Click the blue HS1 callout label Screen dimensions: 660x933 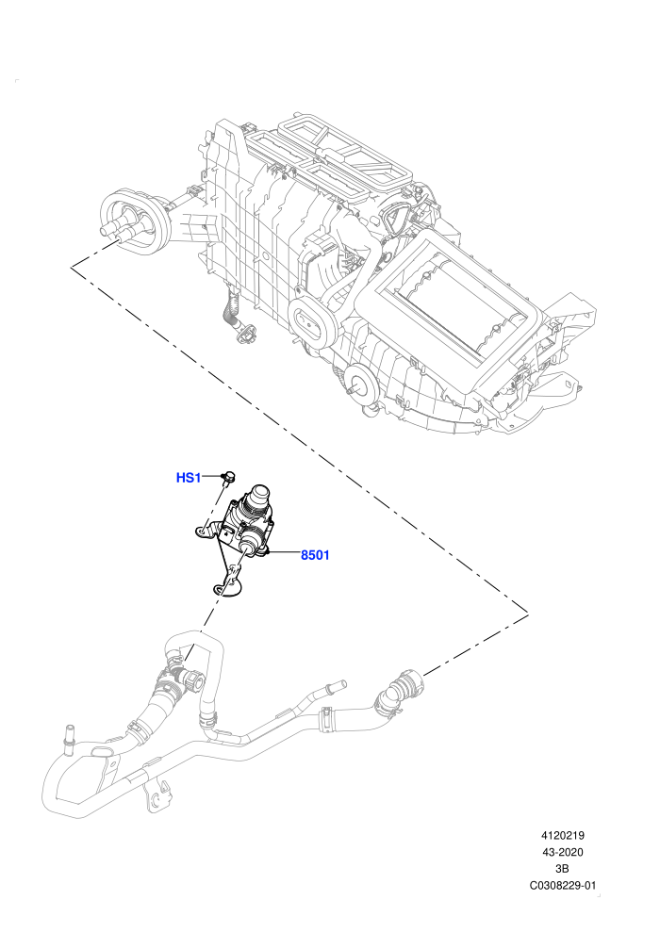click(x=189, y=477)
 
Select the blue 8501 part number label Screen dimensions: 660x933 click(x=315, y=555)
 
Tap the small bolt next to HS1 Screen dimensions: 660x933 click(x=228, y=475)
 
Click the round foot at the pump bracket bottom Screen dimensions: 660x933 click(x=226, y=588)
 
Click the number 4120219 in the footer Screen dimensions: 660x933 click(x=562, y=835)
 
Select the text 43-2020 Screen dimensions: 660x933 click(x=562, y=852)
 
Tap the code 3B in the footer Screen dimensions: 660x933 click(x=562, y=869)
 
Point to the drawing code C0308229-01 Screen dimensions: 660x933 click(x=562, y=885)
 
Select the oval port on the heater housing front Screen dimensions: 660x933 click(x=309, y=325)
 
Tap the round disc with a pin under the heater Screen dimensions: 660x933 click(x=364, y=385)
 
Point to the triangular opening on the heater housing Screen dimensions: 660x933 click(x=393, y=219)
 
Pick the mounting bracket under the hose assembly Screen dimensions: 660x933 click(x=156, y=797)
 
